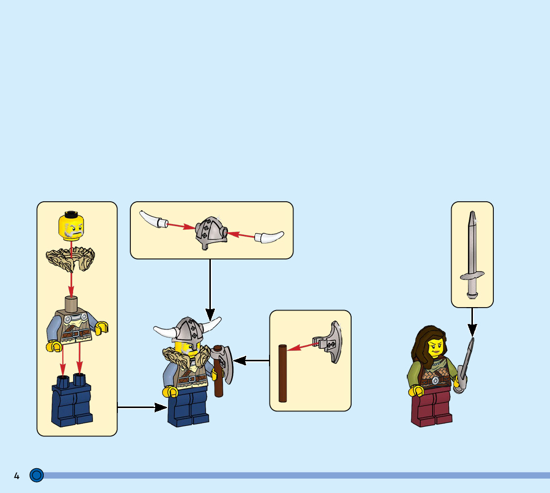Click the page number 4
(16, 476)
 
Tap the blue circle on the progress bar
(36, 475)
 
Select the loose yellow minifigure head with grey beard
(71, 226)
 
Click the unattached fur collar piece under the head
(70, 259)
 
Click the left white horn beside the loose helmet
(152, 219)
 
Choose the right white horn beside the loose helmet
(270, 237)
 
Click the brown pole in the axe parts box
(282, 373)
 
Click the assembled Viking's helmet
(187, 329)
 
